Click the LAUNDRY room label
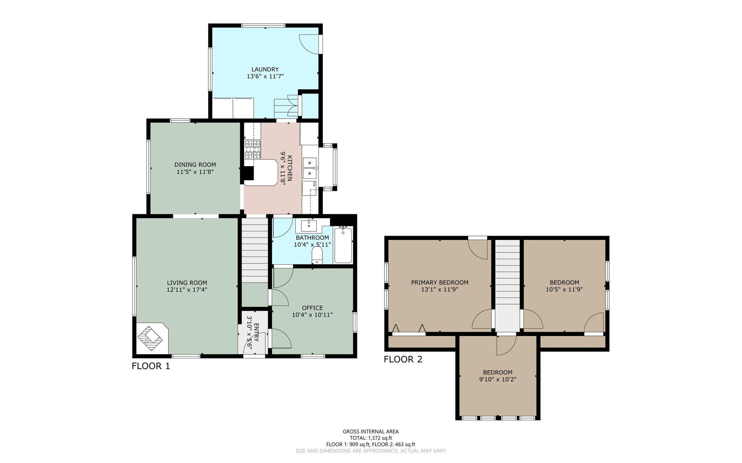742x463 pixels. pyautogui.click(x=265, y=69)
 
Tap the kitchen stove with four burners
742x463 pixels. pyautogui.click(x=253, y=150)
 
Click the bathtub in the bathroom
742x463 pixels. pyautogui.click(x=343, y=244)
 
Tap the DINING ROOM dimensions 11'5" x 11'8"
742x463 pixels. pyautogui.click(x=195, y=172)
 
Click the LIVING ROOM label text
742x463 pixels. pyautogui.click(x=187, y=283)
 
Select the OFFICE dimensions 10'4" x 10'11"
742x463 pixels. pyautogui.click(x=312, y=315)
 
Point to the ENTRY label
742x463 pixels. pyautogui.click(x=257, y=332)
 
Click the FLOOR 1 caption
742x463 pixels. pyautogui.click(x=151, y=366)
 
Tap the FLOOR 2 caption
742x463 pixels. pyautogui.click(x=403, y=359)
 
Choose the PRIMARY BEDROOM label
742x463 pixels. pyautogui.click(x=439, y=282)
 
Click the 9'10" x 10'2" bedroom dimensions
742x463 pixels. pyautogui.click(x=497, y=379)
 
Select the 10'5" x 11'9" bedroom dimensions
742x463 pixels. pyautogui.click(x=564, y=289)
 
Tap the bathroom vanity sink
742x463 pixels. pyautogui.click(x=309, y=226)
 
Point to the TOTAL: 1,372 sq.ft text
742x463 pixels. pyautogui.click(x=371, y=438)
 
